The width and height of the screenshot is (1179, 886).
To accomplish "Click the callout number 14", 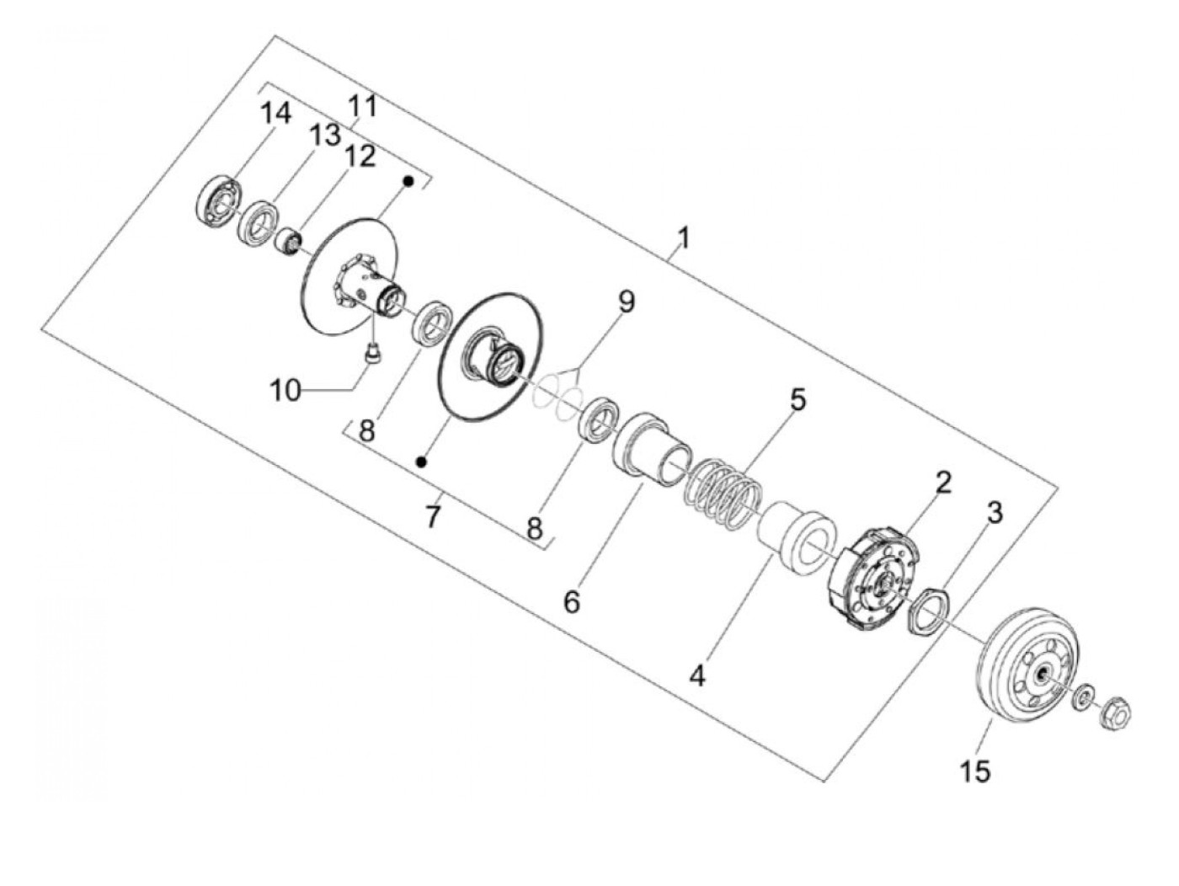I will point(275,112).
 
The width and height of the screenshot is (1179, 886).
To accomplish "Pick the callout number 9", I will point(626,302).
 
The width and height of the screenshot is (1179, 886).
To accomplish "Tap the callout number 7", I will point(432,515).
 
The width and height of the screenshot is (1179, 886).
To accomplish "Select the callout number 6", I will point(572,601).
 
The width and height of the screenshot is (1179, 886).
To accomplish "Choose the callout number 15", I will point(975,770).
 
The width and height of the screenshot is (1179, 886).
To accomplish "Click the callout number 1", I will point(684,238).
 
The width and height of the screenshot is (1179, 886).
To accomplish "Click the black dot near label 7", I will point(422,462).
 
